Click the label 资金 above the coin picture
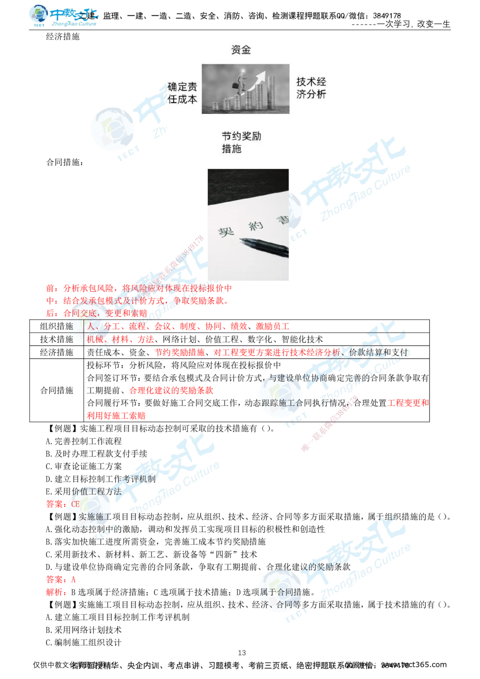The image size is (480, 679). point(240,50)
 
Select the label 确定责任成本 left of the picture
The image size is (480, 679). point(182,93)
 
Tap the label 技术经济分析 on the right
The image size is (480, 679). point(311,88)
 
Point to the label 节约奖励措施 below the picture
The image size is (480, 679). point(241,143)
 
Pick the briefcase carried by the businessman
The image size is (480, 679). point(235,86)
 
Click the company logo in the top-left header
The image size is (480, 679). point(62,15)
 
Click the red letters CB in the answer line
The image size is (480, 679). point(75,504)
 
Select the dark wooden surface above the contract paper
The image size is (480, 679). point(250,180)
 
